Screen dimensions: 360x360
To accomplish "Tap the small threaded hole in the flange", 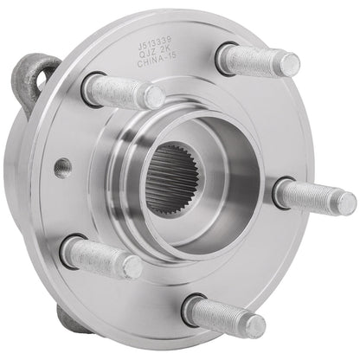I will pyautogui.click(x=59, y=164).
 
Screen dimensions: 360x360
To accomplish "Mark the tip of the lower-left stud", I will pyautogui.click(x=132, y=267).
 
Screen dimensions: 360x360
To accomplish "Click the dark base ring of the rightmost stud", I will pyautogui.click(x=281, y=192).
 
